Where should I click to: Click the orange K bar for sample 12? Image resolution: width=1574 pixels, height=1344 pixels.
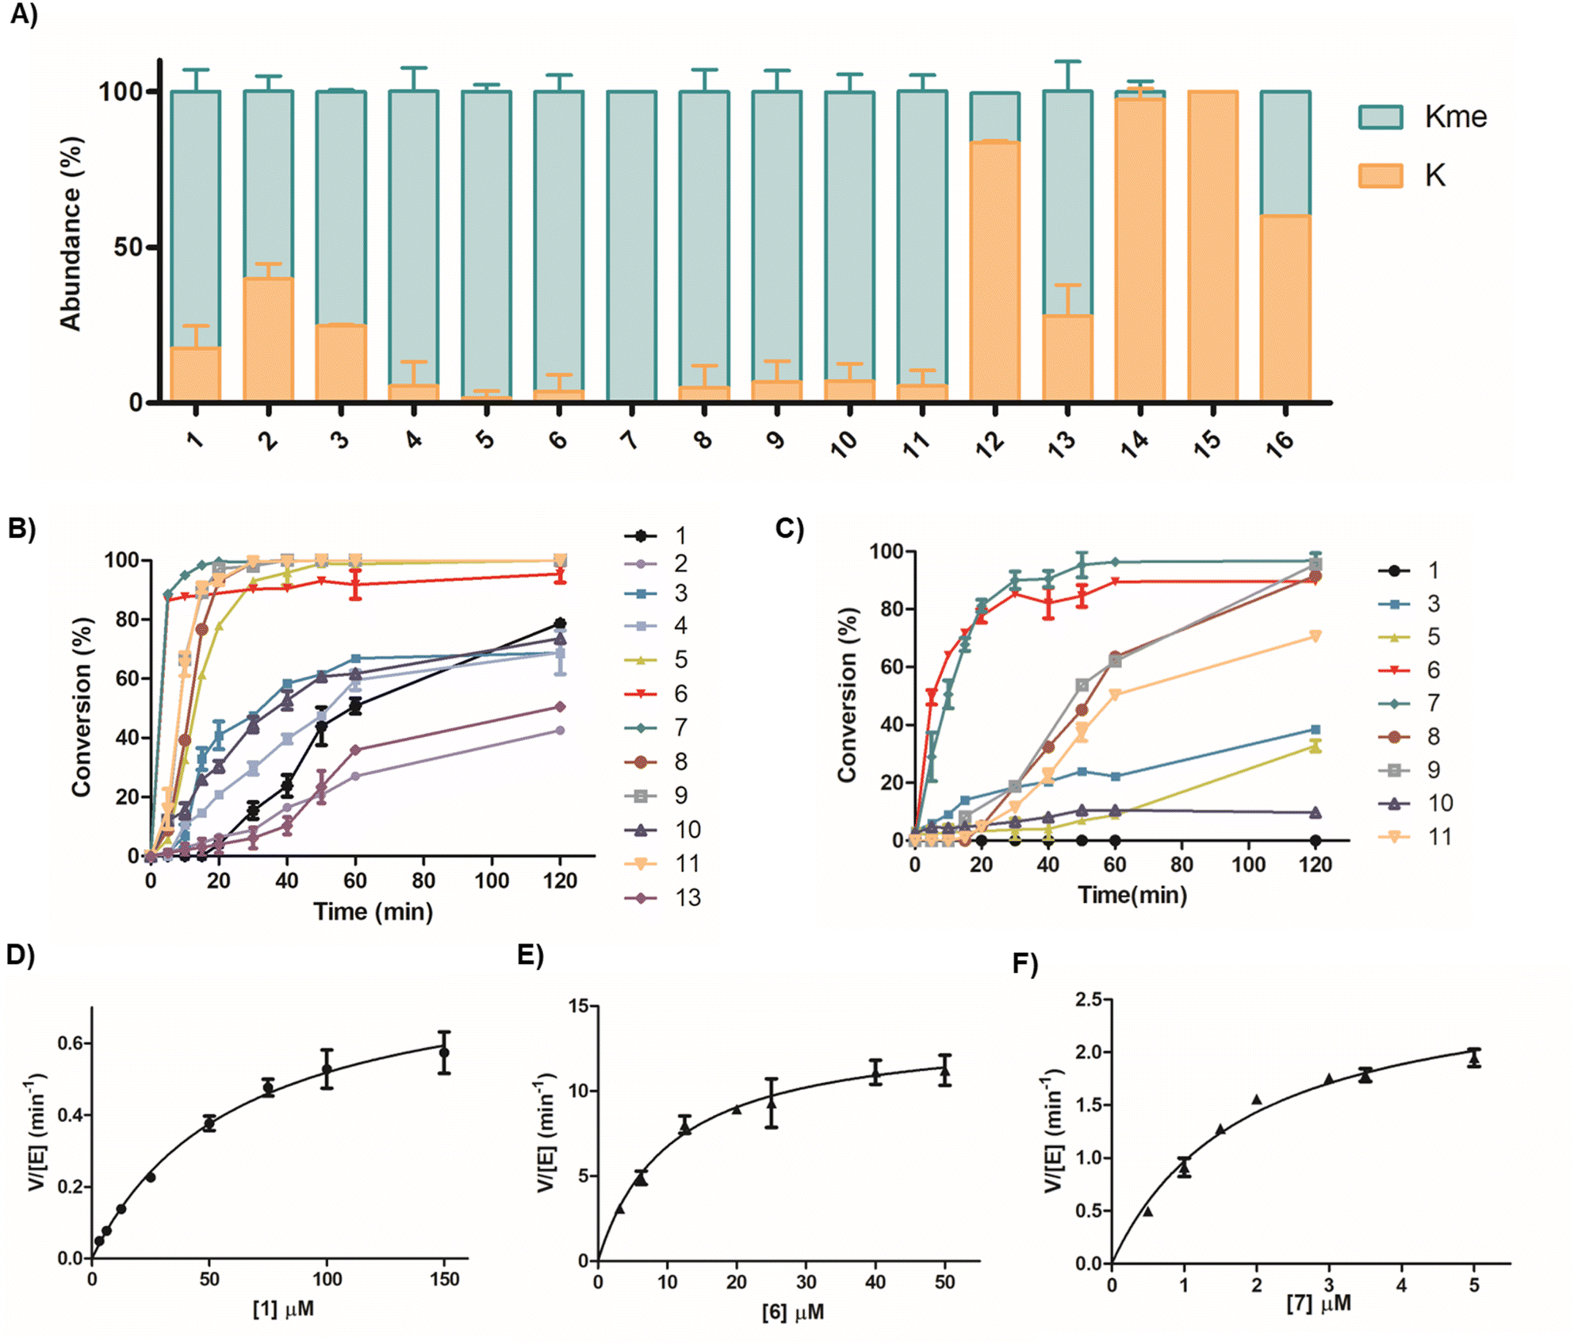(x=994, y=270)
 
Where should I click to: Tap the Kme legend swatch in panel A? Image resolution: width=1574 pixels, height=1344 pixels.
(x=1381, y=117)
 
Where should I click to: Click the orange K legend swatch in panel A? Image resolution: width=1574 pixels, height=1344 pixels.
(x=1381, y=175)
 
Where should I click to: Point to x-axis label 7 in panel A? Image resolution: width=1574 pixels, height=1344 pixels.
(x=630, y=438)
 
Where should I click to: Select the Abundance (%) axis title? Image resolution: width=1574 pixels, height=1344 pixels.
(x=71, y=233)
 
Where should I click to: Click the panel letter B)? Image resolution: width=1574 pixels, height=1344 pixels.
(x=22, y=529)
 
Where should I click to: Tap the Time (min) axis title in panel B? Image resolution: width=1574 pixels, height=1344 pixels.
(x=373, y=912)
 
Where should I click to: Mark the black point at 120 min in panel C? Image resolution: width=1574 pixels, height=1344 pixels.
(x=1315, y=840)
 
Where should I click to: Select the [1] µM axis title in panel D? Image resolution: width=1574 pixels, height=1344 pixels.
(x=283, y=1308)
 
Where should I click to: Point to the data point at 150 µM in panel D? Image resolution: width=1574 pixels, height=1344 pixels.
(x=445, y=1053)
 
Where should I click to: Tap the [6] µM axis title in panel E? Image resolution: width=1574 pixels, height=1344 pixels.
(x=792, y=1311)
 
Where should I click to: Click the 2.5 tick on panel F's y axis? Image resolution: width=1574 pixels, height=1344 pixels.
(x=1088, y=1000)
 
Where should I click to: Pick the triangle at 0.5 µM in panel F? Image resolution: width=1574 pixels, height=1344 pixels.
(x=1147, y=1211)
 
